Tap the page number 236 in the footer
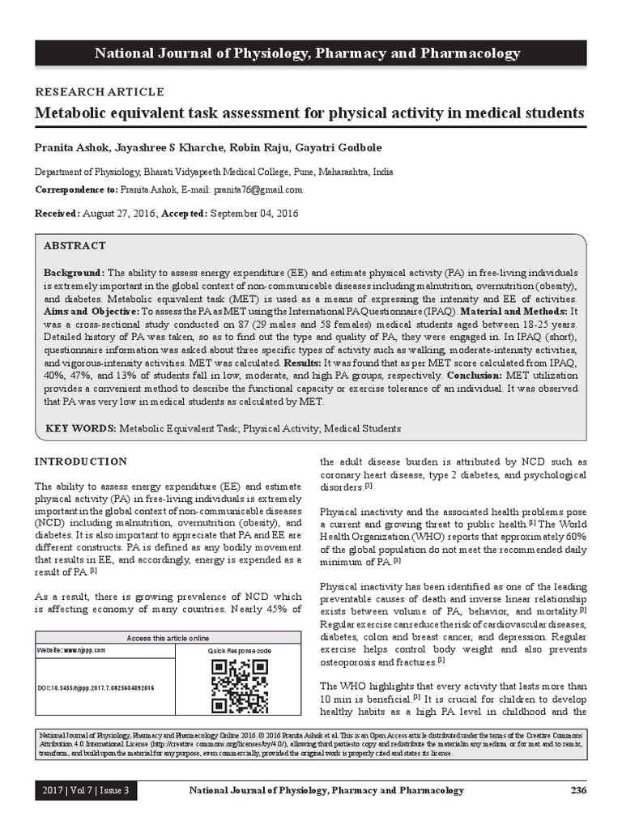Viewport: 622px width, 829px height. (x=577, y=790)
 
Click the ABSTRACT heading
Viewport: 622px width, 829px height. (x=75, y=245)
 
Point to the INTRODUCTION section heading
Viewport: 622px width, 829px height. (x=80, y=461)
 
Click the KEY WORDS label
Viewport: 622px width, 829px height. (x=79, y=428)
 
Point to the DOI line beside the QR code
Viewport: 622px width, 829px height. (x=97, y=687)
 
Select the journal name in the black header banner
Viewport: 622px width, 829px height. (x=308, y=53)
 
